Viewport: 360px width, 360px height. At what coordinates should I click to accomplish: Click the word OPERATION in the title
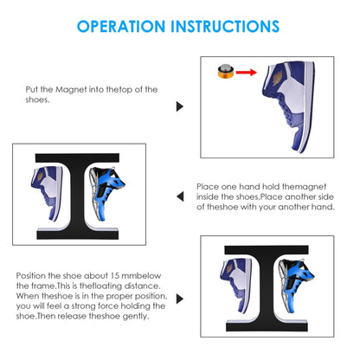pyautogui.click(x=121, y=27)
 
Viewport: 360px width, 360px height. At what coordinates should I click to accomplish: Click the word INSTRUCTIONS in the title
pyautogui.click(x=225, y=27)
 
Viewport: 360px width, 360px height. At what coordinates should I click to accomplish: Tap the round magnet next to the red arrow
pyautogui.click(x=225, y=72)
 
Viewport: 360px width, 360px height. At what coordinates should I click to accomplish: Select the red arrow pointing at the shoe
pyautogui.click(x=247, y=72)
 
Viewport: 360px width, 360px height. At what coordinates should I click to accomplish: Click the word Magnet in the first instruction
pyautogui.click(x=71, y=90)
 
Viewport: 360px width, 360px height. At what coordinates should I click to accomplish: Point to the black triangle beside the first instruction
pyautogui.click(x=180, y=106)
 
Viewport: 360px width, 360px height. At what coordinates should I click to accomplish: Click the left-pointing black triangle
pyautogui.click(x=180, y=196)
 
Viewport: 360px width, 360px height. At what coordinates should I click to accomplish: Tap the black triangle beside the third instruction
pyautogui.click(x=180, y=299)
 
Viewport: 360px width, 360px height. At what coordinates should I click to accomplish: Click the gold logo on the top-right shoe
pyautogui.click(x=278, y=79)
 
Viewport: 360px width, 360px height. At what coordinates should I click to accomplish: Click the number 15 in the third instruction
pyautogui.click(x=115, y=275)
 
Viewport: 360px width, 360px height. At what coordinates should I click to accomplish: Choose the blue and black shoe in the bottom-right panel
pyautogui.click(x=296, y=285)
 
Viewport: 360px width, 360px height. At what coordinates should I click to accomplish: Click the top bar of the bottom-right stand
pyautogui.click(x=267, y=250)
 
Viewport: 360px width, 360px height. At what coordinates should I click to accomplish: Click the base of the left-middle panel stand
pyautogui.click(x=78, y=234)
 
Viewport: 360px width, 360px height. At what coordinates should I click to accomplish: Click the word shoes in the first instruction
pyautogui.click(x=37, y=100)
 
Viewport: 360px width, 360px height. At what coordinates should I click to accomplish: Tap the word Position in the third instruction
pyautogui.click(x=31, y=275)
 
